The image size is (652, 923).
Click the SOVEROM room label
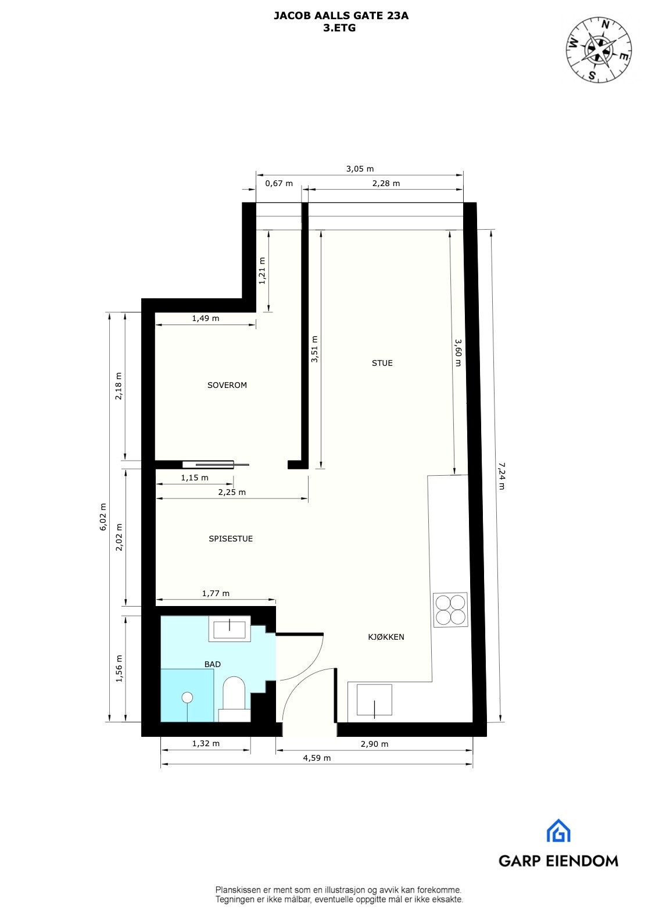(x=227, y=385)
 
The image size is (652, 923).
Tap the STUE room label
(x=382, y=363)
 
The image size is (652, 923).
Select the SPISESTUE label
(x=231, y=539)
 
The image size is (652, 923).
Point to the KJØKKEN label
(x=386, y=637)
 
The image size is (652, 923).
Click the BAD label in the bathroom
(x=212, y=664)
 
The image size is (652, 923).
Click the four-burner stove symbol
(x=450, y=610)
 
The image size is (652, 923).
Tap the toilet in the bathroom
(x=235, y=693)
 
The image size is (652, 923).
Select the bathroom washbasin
(x=230, y=629)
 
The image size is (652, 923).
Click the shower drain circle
(x=187, y=697)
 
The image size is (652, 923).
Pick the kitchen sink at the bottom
(x=374, y=700)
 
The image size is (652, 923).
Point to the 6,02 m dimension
(x=103, y=516)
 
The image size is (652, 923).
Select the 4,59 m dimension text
(x=317, y=758)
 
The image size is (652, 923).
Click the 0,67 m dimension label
(x=278, y=183)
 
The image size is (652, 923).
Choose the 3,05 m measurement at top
(x=360, y=169)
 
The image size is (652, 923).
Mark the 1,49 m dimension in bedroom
(x=205, y=318)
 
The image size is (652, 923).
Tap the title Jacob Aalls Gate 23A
(x=341, y=16)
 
